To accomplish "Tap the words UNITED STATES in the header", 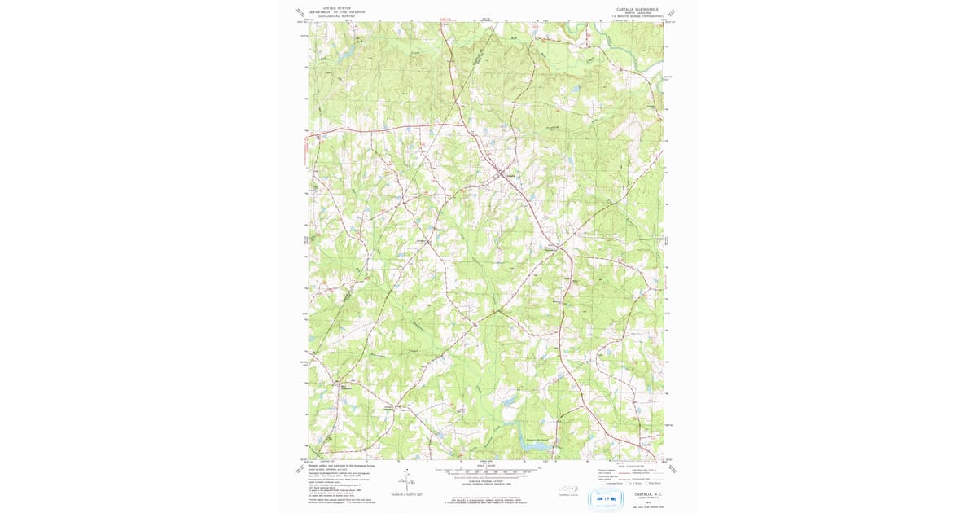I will coord(337,7).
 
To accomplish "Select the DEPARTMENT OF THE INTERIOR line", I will coord(337,11).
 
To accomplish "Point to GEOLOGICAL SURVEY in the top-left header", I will coord(337,15).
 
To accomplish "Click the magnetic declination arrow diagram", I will coord(405,480).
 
